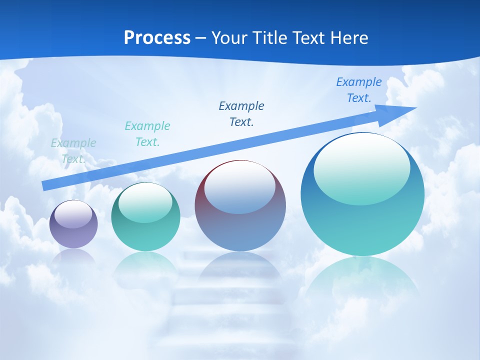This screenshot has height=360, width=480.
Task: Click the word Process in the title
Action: [157, 38]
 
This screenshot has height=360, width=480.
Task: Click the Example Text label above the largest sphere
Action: [358, 90]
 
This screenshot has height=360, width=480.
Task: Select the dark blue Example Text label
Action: [241, 114]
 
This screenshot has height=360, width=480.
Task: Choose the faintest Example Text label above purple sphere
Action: [73, 151]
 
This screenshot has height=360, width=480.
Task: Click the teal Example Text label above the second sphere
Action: [147, 134]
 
